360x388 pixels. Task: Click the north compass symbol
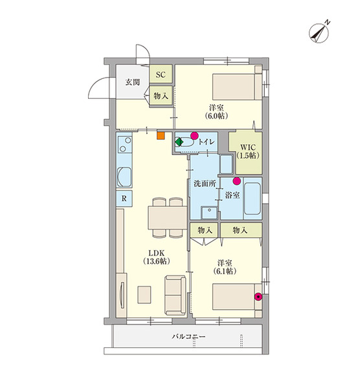[x=320, y=33]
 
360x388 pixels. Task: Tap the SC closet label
[x=161, y=74]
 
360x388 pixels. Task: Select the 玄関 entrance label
[x=132, y=82]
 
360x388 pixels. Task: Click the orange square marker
[x=161, y=135]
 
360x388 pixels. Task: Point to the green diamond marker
[x=179, y=142]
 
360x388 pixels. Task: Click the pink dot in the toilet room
[x=194, y=135]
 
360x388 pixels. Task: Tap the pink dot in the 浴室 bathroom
[x=237, y=181]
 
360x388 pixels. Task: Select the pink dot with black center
[x=258, y=296]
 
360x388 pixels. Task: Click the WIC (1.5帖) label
[x=248, y=151]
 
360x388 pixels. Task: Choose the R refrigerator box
[x=124, y=199]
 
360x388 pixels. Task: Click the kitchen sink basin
[x=124, y=177]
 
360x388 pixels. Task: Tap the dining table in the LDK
[x=168, y=218]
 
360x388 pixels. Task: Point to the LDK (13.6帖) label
[x=157, y=257]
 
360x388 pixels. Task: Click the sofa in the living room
[x=175, y=296]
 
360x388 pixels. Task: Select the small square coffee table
[x=144, y=295]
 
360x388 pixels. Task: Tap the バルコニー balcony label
[x=189, y=336]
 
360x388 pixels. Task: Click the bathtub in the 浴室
[x=253, y=199]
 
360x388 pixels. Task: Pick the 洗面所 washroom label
[x=205, y=184]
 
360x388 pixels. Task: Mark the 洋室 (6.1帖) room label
[x=225, y=266]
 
